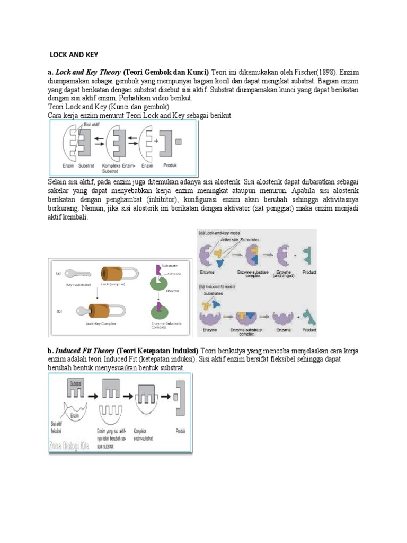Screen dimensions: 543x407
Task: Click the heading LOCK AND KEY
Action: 74,55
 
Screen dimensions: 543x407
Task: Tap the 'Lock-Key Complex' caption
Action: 100,323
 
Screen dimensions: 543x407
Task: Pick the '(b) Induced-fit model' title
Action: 219,286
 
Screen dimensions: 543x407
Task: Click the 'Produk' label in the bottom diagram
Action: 180,431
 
